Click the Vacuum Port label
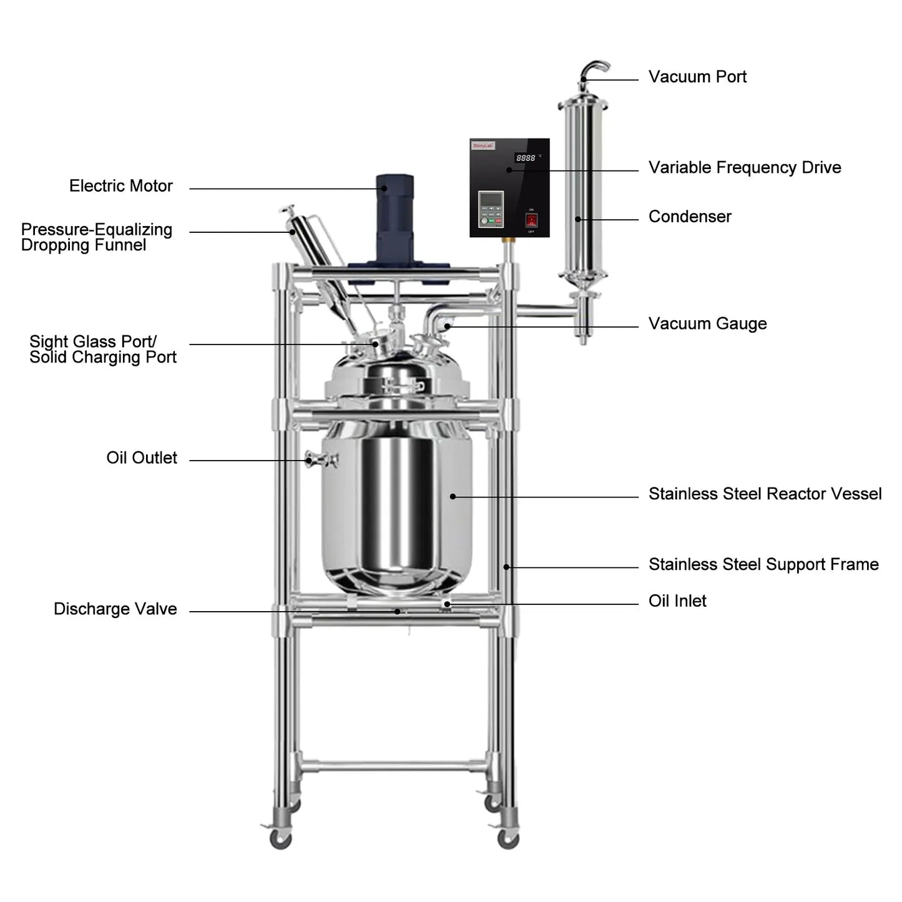point(697,77)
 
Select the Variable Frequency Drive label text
point(744,167)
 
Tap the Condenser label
point(689,217)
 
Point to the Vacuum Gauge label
point(707,323)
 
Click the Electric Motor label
point(120,186)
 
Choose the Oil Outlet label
point(141,458)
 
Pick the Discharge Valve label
point(115,609)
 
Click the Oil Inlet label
point(677,601)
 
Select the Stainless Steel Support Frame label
point(763,564)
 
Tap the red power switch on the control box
point(531,220)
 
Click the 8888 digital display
point(525,158)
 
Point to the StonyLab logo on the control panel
point(483,145)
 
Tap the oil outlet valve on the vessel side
point(321,460)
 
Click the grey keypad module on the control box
point(491,209)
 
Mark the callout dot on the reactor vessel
point(453,496)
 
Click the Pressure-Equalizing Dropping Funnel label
point(96,237)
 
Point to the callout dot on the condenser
point(577,219)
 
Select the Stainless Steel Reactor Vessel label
point(764,494)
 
